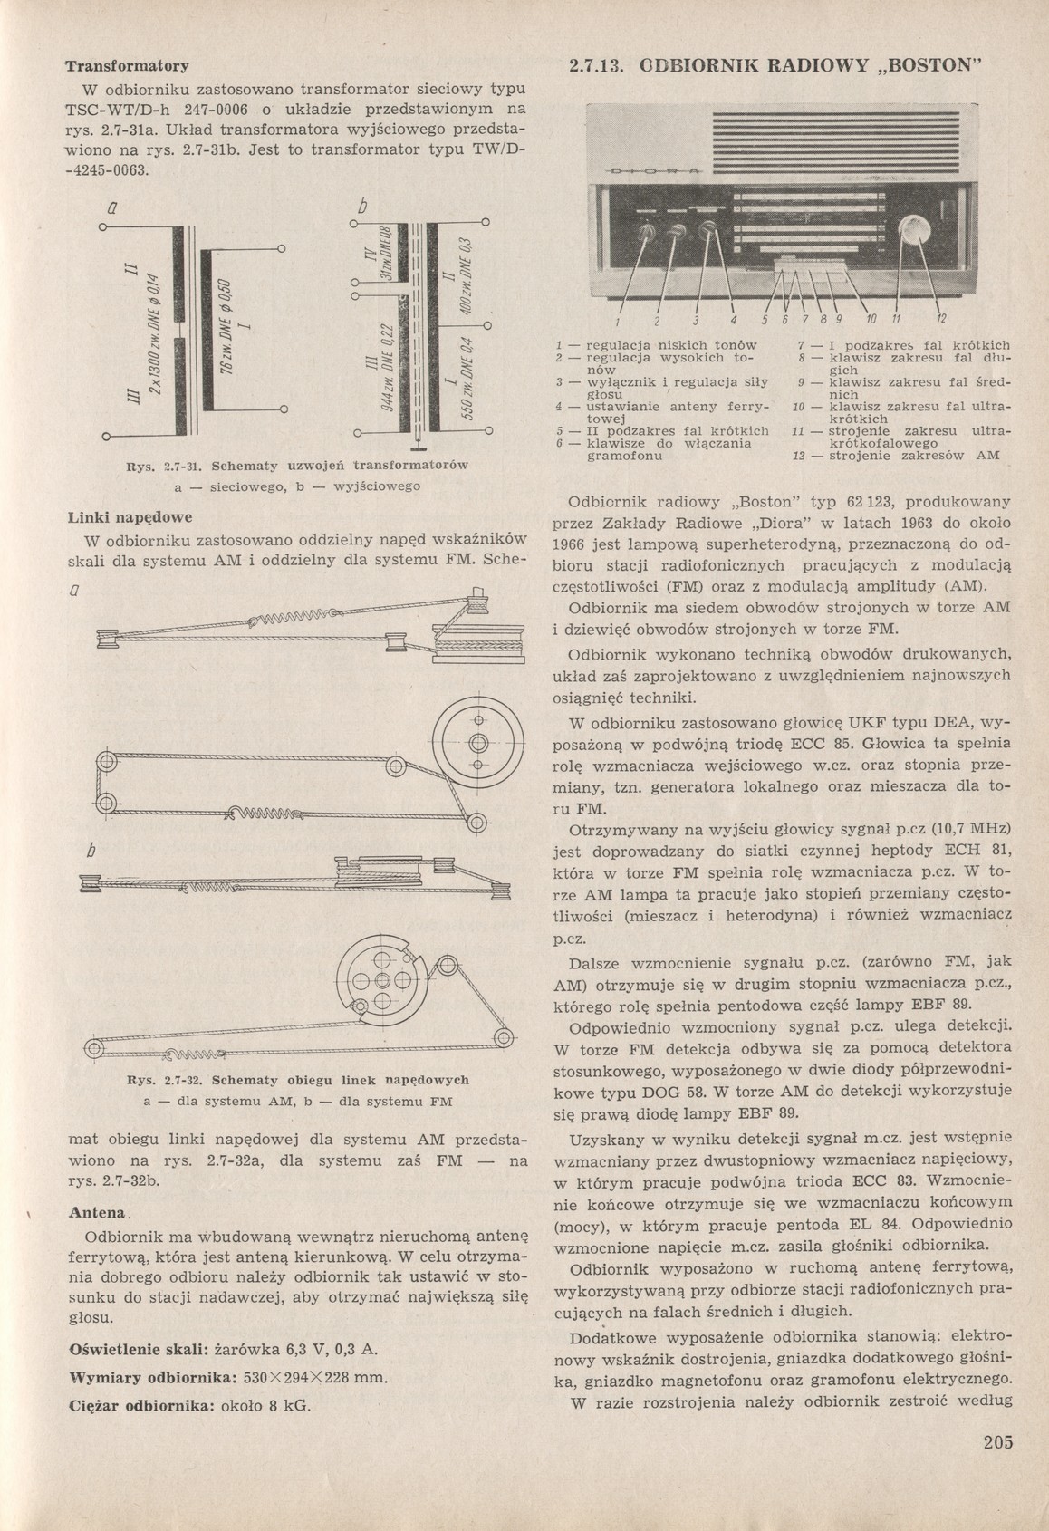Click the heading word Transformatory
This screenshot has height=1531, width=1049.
pos(127,66)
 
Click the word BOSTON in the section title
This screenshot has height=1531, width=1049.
pos(934,66)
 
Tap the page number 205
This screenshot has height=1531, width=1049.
pos(997,1442)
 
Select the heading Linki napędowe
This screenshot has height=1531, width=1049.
pos(130,519)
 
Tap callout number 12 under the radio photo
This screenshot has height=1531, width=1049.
pos(940,319)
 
